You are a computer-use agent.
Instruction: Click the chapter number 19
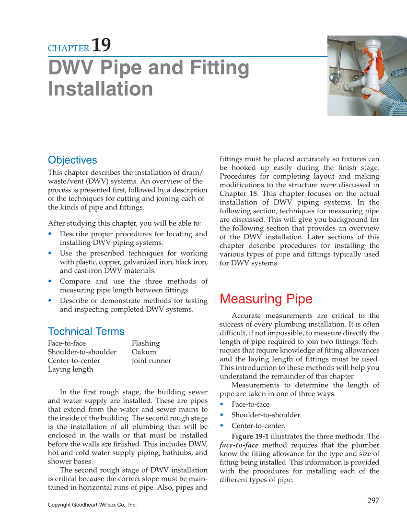101,45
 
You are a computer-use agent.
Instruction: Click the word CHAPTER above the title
69,48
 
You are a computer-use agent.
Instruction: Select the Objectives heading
72,160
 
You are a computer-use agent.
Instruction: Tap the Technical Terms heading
86,331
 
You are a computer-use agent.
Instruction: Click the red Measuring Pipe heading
266,299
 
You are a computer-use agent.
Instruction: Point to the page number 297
373,501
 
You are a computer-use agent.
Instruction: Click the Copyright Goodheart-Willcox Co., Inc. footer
92,505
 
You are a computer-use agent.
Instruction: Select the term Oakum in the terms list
144,352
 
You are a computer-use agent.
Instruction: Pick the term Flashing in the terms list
146,343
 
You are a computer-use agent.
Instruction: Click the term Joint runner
151,361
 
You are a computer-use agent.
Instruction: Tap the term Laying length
70,369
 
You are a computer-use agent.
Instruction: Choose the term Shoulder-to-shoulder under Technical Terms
82,352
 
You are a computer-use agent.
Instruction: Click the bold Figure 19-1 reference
250,437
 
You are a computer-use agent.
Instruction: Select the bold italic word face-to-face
238,445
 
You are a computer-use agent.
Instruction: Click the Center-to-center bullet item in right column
258,425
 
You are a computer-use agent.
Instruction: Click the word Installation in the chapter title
100,89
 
